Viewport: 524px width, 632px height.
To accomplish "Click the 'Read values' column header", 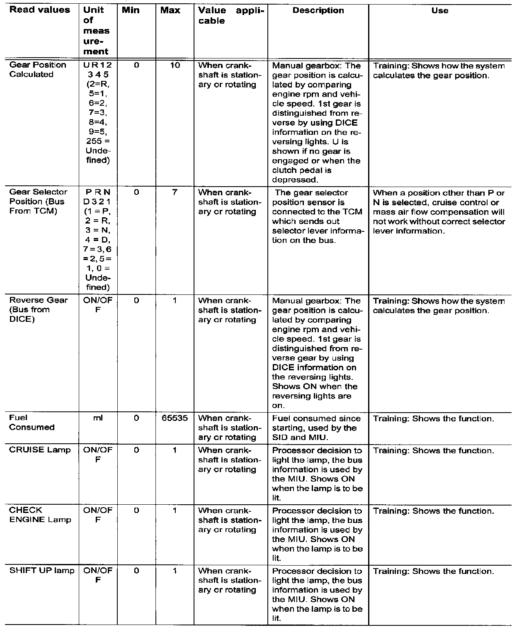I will (x=40, y=10).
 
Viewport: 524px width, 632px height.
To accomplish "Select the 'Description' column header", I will (x=318, y=11).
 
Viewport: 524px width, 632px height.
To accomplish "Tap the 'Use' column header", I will (x=439, y=11).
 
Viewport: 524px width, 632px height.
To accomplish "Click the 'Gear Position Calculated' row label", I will (x=37, y=70).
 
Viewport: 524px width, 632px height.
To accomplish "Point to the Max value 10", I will (x=175, y=65).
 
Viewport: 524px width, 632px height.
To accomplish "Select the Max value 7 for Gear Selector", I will (x=175, y=192).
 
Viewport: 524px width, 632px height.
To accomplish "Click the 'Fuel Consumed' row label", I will (x=32, y=423).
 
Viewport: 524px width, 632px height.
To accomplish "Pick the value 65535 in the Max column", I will (x=175, y=418).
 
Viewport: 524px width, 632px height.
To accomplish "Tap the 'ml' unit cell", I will (x=98, y=418).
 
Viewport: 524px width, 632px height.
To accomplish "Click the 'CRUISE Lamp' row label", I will (x=40, y=450).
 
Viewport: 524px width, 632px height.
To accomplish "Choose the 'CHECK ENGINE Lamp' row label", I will (x=40, y=515).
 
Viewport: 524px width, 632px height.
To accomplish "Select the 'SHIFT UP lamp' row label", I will (x=42, y=571).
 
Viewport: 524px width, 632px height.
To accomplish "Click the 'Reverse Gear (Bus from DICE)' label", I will (x=38, y=309).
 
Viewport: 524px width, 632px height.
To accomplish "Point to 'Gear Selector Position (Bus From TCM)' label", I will (x=38, y=202).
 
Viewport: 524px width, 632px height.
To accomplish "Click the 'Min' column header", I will (x=131, y=10).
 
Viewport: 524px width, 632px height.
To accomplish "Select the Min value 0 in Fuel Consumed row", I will (x=136, y=418).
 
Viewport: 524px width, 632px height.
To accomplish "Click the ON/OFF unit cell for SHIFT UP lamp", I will (x=98, y=575).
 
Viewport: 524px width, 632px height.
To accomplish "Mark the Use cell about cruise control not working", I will (x=439, y=212).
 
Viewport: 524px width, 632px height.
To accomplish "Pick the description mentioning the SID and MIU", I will (x=316, y=428).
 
